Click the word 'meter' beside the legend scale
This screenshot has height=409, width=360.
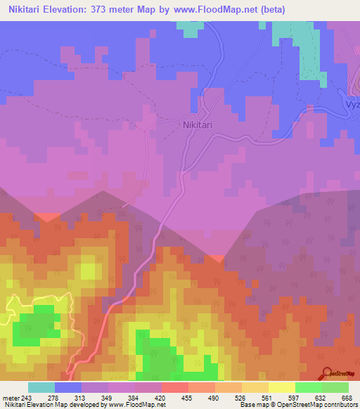click(x=11, y=398)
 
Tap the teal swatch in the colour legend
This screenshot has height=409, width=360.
click(x=41, y=387)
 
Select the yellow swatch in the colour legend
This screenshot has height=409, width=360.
click(x=282, y=387)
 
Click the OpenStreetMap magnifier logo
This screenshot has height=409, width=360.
click(x=326, y=373)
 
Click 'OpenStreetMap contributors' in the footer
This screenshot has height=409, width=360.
click(x=324, y=405)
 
